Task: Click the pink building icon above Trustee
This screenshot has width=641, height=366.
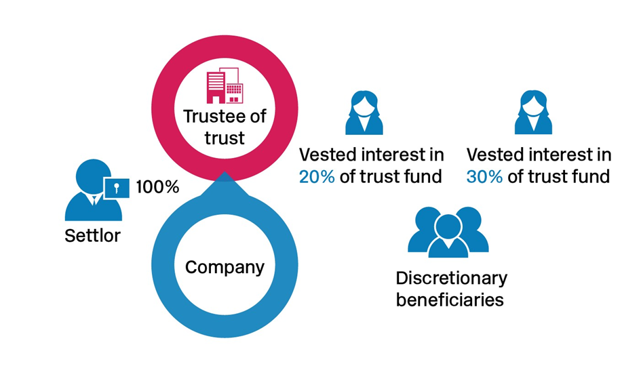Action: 225,85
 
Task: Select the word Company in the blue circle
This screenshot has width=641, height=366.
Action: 225,268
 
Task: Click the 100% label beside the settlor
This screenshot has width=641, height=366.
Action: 157,187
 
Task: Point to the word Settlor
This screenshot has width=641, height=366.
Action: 92,236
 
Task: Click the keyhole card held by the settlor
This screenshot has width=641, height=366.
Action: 117,188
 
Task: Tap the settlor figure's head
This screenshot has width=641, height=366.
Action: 92,176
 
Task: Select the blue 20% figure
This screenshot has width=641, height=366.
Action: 317,177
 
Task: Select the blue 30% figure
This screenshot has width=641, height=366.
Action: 484,177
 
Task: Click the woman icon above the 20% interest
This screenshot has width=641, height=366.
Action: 364,113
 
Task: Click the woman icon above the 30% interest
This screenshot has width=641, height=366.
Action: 533,113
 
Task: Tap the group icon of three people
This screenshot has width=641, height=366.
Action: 448,232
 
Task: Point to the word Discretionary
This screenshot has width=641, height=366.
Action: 451,278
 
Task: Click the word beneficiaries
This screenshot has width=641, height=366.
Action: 450,300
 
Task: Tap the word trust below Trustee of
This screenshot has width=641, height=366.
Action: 225,138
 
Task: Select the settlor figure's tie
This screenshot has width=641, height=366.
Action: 94,200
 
